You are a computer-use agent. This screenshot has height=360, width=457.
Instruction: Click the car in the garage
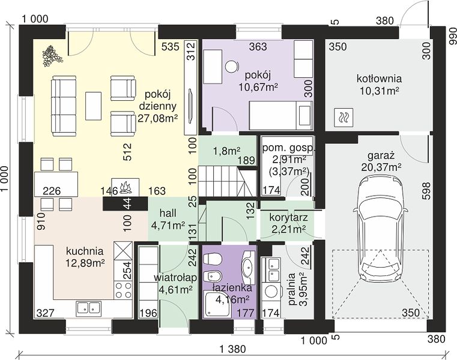[380, 229]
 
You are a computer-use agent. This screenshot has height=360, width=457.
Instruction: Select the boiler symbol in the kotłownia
[344, 118]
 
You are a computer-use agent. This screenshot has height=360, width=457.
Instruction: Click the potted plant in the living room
[52, 56]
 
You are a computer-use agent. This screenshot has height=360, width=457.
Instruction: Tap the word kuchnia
[85, 251]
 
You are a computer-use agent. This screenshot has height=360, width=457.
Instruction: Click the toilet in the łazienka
[213, 259]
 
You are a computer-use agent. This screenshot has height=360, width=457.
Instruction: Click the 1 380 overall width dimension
[232, 349]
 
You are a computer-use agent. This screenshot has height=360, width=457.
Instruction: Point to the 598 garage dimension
[426, 190]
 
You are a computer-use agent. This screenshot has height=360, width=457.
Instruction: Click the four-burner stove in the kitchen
[123, 290]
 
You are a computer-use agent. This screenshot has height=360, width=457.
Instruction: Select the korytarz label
[288, 217]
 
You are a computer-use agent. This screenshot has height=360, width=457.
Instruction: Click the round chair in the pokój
[232, 67]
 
